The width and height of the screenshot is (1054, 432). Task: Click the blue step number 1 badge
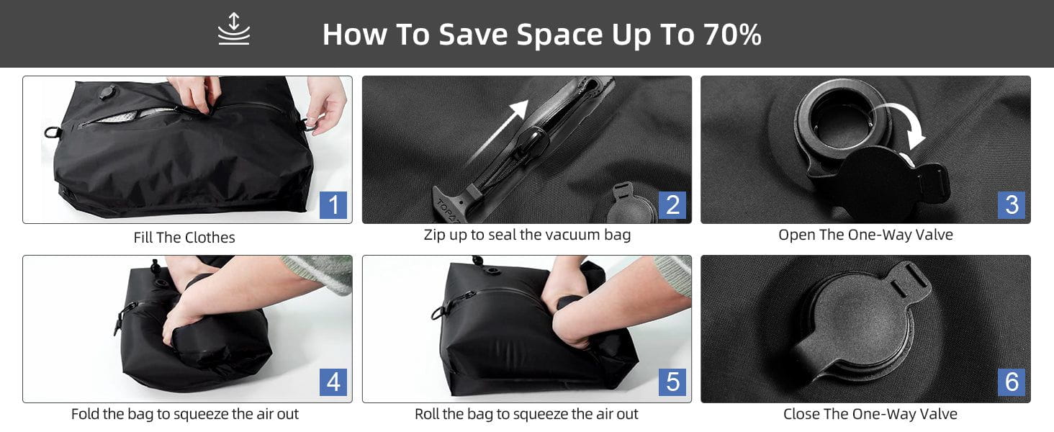[x=333, y=204]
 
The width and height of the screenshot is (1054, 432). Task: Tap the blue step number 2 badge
[x=672, y=204]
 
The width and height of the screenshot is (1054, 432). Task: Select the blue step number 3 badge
[x=1012, y=204]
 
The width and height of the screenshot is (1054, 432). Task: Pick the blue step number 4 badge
[x=333, y=382]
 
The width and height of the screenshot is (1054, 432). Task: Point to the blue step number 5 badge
[x=672, y=382]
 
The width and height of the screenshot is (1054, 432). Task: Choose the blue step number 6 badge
[x=1012, y=382]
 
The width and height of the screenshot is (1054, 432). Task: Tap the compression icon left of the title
[x=234, y=30]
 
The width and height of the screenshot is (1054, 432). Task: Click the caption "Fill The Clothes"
[x=184, y=238]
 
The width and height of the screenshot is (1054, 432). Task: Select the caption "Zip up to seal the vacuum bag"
[x=527, y=235]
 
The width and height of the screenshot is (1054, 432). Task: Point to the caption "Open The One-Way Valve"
[x=865, y=234]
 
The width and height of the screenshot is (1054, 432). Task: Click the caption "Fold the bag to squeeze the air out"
[x=185, y=414]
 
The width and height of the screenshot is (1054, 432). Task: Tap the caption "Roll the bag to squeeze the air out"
[x=526, y=414]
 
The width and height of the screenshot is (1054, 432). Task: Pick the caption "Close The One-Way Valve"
[x=870, y=414]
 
